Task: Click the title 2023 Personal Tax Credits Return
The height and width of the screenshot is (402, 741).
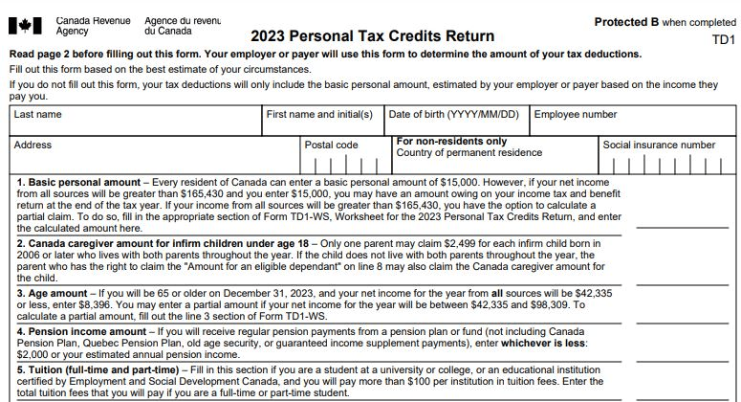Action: coord(373,37)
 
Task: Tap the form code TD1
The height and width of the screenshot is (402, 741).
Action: coord(723,40)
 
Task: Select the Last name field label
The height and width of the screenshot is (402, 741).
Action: coord(38,115)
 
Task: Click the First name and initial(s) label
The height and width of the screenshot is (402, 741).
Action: coord(319,115)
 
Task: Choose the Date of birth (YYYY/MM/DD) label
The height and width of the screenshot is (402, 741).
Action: coord(454,115)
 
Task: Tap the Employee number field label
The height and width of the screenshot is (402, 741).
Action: coord(576,115)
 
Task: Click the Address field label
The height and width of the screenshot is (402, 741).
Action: coord(33,145)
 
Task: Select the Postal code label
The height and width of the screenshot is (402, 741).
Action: coord(331,145)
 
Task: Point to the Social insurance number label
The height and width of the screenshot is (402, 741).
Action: coord(659,145)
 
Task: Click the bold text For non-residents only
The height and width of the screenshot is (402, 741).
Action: coord(451,142)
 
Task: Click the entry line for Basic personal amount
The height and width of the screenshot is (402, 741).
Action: coord(684,228)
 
